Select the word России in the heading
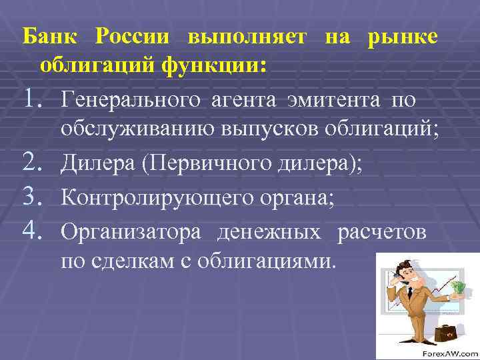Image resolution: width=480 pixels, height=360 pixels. pos(133,37)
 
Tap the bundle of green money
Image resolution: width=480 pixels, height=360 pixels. pos(460,287)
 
